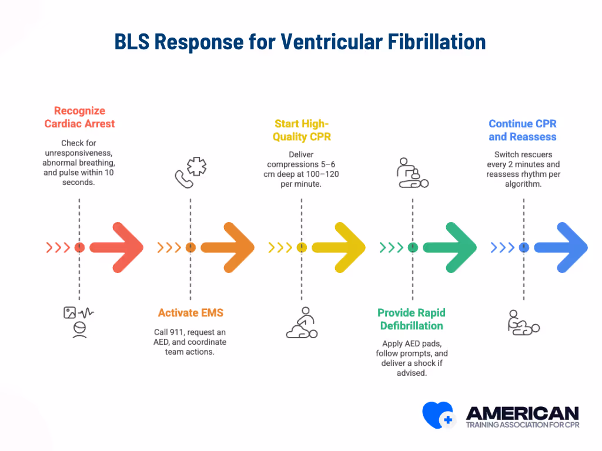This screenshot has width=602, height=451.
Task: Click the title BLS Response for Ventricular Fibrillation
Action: [300, 42]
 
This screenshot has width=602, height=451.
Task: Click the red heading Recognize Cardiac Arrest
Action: [79, 117]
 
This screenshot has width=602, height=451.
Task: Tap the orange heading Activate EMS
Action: [190, 312]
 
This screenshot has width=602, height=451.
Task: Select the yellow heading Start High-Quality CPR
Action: [302, 130]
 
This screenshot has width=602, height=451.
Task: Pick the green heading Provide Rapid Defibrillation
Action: [412, 319]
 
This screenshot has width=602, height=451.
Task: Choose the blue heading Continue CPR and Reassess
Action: [523, 130]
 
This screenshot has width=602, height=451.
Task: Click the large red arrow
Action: [117, 247]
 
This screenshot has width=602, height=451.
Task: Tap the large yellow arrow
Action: [339, 247]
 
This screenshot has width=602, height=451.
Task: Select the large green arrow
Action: [450, 247]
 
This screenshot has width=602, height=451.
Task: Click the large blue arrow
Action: [561, 247]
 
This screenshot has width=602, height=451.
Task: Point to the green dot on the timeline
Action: [413, 248]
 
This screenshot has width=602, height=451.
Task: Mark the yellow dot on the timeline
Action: [302, 248]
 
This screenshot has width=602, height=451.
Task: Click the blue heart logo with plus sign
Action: [438, 415]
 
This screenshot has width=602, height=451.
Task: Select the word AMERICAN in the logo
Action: [521, 412]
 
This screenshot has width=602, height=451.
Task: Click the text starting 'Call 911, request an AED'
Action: [190, 341]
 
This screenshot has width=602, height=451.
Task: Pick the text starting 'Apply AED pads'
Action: [412, 358]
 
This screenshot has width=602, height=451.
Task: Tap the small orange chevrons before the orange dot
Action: [169, 248]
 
